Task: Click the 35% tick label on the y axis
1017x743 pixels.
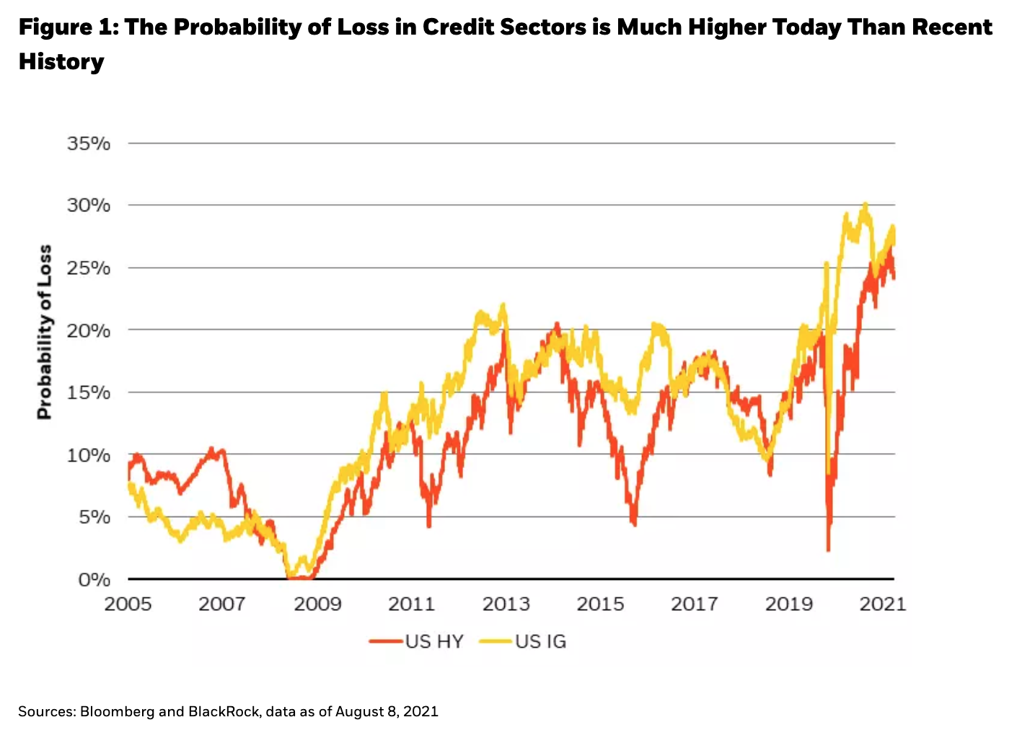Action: tap(89, 144)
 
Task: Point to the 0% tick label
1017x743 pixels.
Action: tap(94, 580)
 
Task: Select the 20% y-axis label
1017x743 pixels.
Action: tap(89, 330)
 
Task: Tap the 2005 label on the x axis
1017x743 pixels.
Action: tap(128, 604)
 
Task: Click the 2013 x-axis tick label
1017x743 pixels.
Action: tap(506, 604)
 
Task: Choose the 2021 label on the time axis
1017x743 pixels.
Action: tap(882, 604)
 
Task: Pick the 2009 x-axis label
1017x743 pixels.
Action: tap(317, 604)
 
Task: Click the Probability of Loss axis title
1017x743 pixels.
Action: tap(45, 332)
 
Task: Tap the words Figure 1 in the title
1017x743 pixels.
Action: tap(66, 27)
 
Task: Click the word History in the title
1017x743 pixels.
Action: tap(61, 61)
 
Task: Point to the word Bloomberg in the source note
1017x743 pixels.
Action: tap(118, 712)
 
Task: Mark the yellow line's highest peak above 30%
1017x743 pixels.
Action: tap(865, 205)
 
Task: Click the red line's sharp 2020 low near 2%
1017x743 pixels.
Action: tap(828, 550)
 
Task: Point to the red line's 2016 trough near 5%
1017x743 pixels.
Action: tap(634, 524)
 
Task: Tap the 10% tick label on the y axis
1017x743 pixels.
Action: tap(89, 455)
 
